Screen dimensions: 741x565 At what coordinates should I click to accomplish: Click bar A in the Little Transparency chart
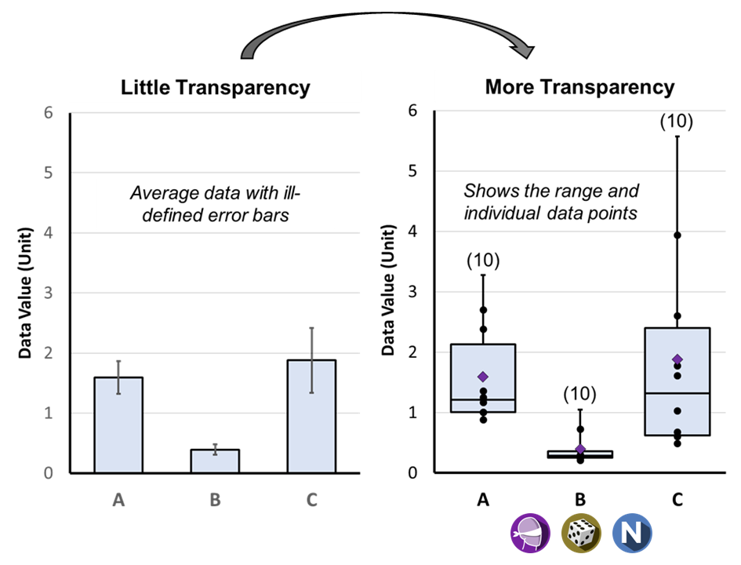pos(118,425)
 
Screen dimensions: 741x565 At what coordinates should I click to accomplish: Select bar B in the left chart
pos(215,461)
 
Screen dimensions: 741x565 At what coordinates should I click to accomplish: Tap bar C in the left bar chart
pos(312,416)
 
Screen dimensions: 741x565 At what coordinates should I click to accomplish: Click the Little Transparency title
pos(216,87)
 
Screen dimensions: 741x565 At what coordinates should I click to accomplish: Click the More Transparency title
pos(579,87)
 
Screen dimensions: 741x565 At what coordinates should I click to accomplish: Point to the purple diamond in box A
pos(482,377)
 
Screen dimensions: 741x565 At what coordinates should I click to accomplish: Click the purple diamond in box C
pos(677,359)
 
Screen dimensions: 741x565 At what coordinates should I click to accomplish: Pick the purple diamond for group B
pos(580,449)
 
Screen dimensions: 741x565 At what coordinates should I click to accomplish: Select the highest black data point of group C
pos(677,235)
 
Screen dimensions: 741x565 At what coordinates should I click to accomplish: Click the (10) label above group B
pos(579,394)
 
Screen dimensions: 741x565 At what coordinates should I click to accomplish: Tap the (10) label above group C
pos(676,121)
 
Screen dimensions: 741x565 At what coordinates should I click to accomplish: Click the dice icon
pos(581,534)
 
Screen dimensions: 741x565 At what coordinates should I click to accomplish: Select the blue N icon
pos(632,534)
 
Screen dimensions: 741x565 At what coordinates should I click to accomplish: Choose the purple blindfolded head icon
pos(530,534)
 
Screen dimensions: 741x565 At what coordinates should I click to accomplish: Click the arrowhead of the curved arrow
pos(524,50)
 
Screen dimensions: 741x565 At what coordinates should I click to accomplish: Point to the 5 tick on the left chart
pos(48,173)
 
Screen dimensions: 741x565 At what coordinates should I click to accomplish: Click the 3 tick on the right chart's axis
pos(412,292)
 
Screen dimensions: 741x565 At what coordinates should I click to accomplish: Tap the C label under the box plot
pos(677,499)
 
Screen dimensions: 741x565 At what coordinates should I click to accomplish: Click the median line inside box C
pos(677,393)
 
